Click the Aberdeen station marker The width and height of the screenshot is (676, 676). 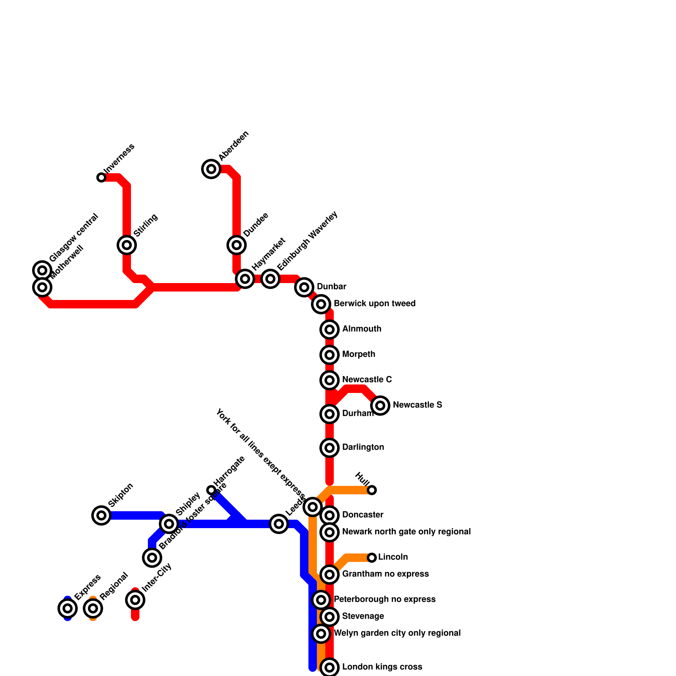click(211, 169)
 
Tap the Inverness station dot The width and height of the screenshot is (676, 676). click(101, 177)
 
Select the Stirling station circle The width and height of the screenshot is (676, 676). click(127, 245)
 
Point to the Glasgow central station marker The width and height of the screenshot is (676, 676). click(42, 270)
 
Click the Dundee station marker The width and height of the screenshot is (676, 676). click(237, 245)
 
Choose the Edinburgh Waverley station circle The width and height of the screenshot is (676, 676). click(270, 279)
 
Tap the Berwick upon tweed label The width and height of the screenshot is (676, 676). click(374, 304)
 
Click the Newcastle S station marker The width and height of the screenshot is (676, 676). click(380, 406)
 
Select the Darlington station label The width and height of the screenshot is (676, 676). click(363, 447)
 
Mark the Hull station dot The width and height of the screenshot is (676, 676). click(372, 490)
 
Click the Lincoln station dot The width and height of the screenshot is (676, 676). click(372, 558)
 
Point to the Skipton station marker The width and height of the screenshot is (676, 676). click(101, 515)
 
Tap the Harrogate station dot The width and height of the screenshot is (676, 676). click(211, 490)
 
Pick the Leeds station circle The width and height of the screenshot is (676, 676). click(279, 524)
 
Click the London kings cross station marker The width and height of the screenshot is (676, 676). click(330, 668)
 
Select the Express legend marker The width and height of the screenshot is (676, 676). click(68, 608)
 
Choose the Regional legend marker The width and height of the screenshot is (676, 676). click(93, 608)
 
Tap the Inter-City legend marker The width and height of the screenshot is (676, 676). click(135, 600)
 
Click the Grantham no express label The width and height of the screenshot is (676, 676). click(385, 574)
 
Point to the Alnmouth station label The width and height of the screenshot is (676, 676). click(362, 329)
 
